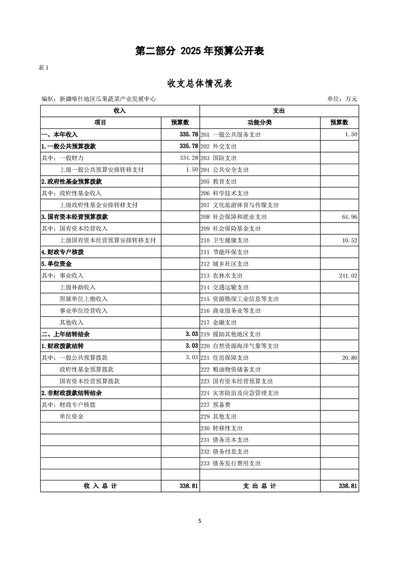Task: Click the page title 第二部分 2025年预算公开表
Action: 200,51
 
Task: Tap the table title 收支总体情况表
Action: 199,83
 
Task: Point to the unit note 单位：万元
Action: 342,99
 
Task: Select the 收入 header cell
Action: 120,110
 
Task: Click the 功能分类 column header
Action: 260,122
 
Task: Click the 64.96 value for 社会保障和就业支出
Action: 349,217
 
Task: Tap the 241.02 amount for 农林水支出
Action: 347,276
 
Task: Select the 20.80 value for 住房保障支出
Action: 349,358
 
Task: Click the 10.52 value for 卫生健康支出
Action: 349,241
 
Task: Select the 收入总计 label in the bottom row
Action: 100,486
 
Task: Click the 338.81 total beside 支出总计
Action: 348,486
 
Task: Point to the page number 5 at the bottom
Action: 200,521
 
